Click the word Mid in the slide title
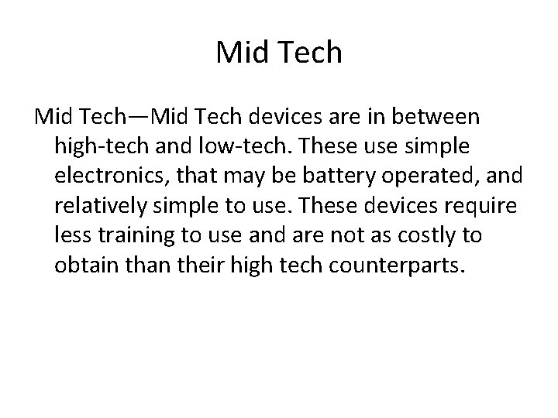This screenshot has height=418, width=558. (x=241, y=52)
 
